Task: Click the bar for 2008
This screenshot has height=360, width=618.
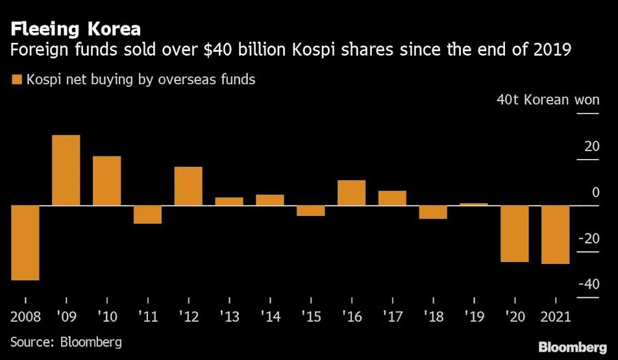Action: [25, 243]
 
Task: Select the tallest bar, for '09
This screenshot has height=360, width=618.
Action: [66, 170]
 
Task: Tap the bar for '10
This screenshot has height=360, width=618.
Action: [106, 180]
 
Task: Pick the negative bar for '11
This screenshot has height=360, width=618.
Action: [147, 214]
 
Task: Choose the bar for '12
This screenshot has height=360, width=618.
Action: [188, 186]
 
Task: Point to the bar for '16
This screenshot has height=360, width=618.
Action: [351, 193]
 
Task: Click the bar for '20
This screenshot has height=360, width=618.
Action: [515, 234]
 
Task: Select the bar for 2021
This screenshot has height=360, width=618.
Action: [556, 235]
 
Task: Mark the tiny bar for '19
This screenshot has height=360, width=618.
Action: [474, 204]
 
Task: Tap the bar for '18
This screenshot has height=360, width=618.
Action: [433, 212]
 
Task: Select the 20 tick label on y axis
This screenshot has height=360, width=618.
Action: [591, 146]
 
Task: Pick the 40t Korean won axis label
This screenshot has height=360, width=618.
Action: [548, 101]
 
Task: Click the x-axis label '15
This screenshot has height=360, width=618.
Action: [310, 317]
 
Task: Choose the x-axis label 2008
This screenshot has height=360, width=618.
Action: [25, 317]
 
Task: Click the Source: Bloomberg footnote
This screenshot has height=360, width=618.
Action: [66, 341]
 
